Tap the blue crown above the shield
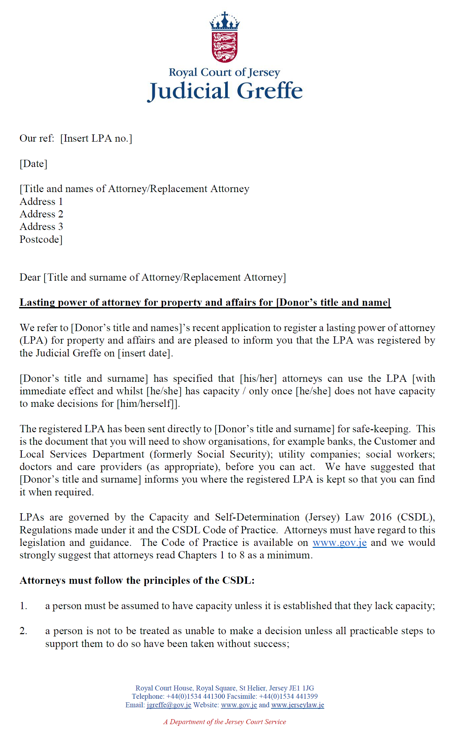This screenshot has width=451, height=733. click(225, 22)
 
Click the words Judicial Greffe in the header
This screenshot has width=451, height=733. click(225, 91)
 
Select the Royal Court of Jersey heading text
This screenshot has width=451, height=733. click(225, 72)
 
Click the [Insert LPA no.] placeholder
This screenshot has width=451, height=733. click(96, 138)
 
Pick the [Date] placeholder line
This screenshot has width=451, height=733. click(33, 164)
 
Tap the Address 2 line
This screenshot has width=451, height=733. click(41, 214)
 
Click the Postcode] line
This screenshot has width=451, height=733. click(41, 240)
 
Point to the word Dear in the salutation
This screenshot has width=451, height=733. click(30, 277)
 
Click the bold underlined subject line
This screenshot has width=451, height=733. click(205, 302)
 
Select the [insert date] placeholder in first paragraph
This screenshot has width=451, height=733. click(145, 353)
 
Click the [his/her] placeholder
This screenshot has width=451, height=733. click(258, 379)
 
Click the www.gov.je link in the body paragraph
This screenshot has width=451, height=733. click(340, 543)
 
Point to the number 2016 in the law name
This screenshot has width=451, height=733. click(380, 517)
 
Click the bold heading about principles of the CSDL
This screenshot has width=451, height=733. click(137, 580)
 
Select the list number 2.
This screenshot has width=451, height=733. click(23, 631)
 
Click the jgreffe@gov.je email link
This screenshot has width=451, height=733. click(169, 705)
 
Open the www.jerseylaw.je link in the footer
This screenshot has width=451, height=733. click(297, 705)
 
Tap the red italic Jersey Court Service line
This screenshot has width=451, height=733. click(225, 722)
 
